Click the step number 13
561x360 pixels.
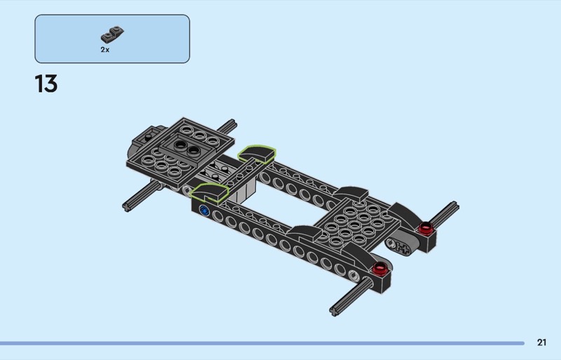(46, 84)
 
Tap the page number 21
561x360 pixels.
(541, 342)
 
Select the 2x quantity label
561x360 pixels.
(104, 50)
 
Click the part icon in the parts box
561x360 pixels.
(112, 34)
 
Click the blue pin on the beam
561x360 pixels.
(204, 211)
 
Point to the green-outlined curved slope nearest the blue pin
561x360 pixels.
(210, 192)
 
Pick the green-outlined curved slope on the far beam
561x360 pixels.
(257, 154)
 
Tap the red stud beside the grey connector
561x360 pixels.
(426, 227)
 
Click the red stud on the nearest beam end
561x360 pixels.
(379, 267)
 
